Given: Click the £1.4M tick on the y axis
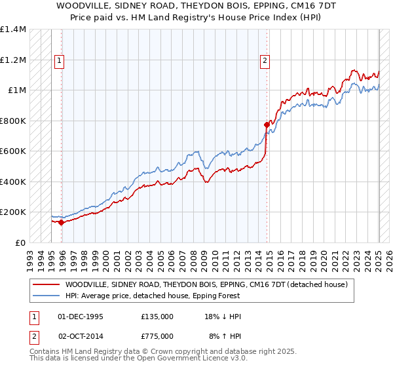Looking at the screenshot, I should click(x=13, y=29).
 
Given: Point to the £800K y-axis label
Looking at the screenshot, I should click(x=13, y=121).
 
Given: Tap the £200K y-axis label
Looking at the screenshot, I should click(x=13, y=212).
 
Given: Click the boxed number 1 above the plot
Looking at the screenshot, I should click(x=59, y=61).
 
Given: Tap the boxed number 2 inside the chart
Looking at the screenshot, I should click(x=265, y=61).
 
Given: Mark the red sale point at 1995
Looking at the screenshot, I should click(x=62, y=222).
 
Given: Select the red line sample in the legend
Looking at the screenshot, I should click(x=47, y=284).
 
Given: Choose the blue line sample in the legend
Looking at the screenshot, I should click(x=47, y=296).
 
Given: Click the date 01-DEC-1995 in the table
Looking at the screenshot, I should click(x=81, y=317).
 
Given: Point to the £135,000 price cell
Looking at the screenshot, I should click(x=157, y=317).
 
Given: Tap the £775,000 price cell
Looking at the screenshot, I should click(x=157, y=336).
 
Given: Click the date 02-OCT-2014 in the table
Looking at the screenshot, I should click(x=81, y=336).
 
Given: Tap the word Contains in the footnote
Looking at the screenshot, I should click(x=45, y=353).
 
